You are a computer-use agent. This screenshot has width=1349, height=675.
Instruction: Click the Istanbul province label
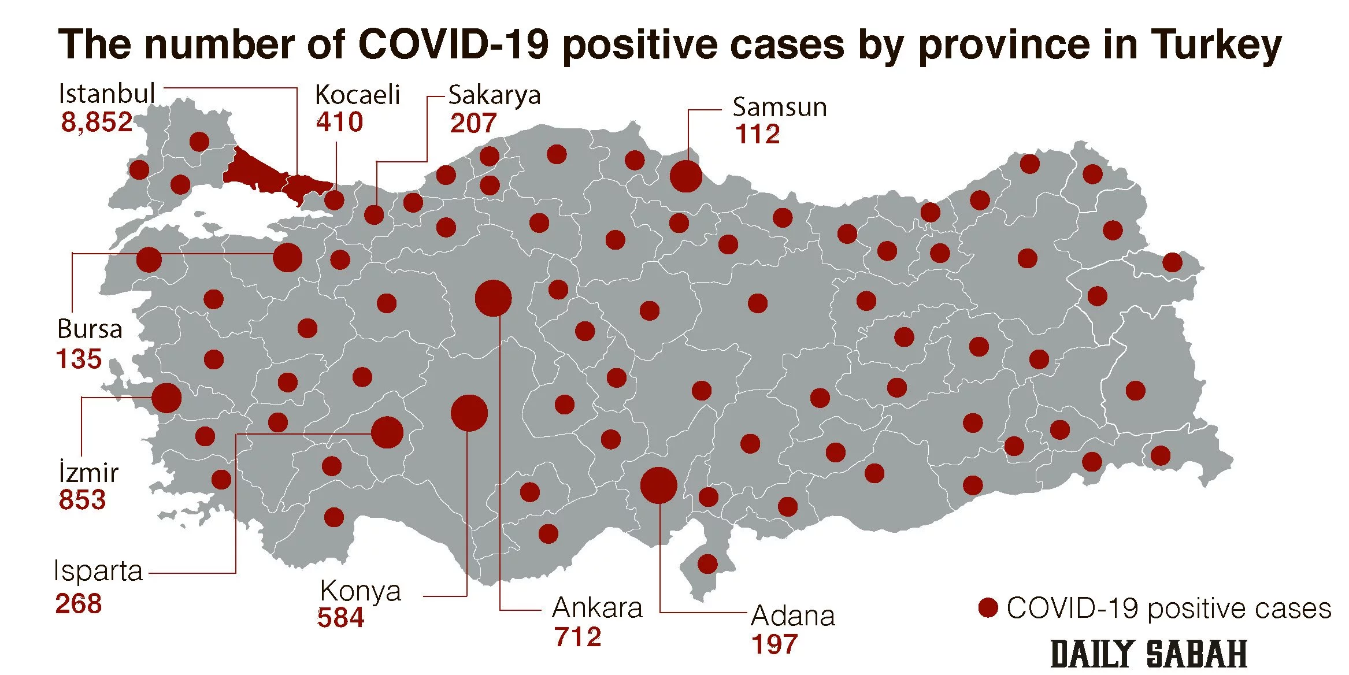pyautogui.click(x=107, y=94)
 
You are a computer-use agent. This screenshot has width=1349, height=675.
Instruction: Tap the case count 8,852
pyautogui.click(x=97, y=123)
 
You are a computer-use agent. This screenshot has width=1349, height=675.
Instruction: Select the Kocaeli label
pyautogui.click(x=357, y=95)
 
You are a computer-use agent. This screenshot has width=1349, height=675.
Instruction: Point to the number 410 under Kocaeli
pyautogui.click(x=339, y=123)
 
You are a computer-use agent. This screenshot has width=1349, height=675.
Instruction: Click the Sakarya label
pyautogui.click(x=494, y=95)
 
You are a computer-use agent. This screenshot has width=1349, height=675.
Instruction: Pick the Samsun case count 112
pyautogui.click(x=757, y=135)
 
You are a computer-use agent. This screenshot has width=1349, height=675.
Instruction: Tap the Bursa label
pyautogui.click(x=90, y=329)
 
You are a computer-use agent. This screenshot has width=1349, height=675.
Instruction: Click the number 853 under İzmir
pyautogui.click(x=82, y=500)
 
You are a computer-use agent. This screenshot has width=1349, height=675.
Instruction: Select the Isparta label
pyautogui.click(x=98, y=572)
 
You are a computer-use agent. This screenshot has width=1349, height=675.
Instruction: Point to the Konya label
pyautogui.click(x=360, y=591)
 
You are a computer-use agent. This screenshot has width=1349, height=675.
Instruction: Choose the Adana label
pyautogui.click(x=793, y=616)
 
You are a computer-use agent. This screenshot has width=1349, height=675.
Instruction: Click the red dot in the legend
pyautogui.click(x=988, y=608)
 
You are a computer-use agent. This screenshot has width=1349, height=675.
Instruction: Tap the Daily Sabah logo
pyautogui.click(x=1148, y=654)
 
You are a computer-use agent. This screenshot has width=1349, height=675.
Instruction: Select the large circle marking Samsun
pyautogui.click(x=686, y=176)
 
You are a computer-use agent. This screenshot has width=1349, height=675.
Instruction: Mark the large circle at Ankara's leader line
pyautogui.click(x=493, y=298)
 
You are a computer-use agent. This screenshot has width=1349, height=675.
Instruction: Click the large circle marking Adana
pyautogui.click(x=658, y=485)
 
